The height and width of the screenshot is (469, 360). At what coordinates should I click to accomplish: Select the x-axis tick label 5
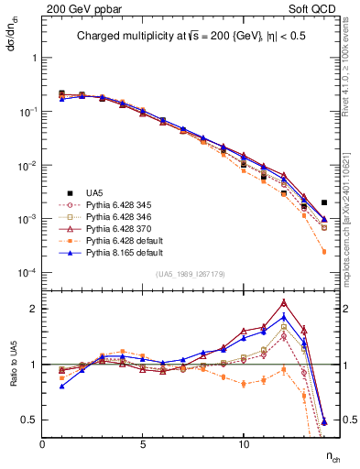click(x=143, y=444)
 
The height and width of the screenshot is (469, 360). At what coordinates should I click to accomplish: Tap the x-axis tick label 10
click(x=243, y=444)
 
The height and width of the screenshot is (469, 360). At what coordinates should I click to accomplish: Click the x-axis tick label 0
click(x=42, y=444)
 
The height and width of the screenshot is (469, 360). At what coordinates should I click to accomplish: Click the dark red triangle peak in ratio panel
click(x=284, y=302)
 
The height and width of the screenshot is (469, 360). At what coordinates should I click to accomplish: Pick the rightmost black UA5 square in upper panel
click(x=324, y=202)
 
